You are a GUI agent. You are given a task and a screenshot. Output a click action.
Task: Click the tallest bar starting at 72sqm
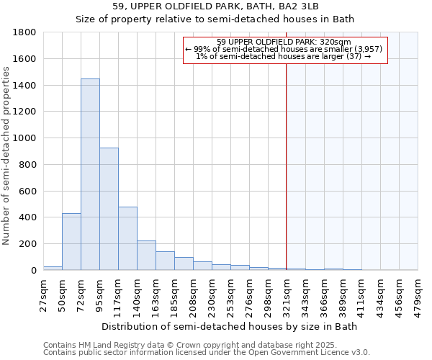(x=90, y=174)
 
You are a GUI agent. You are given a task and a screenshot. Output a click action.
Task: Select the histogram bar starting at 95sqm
(x=109, y=209)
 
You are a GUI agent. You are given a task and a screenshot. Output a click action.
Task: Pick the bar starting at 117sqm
(x=127, y=238)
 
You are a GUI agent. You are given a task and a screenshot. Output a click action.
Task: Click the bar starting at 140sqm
(x=146, y=255)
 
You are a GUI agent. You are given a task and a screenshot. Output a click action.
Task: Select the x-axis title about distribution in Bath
(x=230, y=326)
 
